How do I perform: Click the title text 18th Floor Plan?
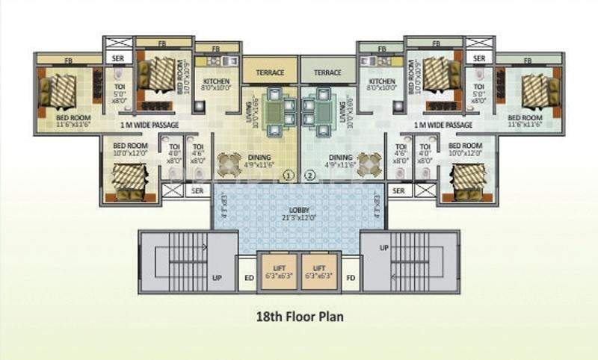pyautogui.click(x=299, y=317)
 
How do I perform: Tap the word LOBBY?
pyautogui.click(x=300, y=211)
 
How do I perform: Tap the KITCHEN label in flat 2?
pyautogui.click(x=381, y=81)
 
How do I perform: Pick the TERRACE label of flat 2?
pyautogui.click(x=327, y=72)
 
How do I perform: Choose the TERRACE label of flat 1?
pyautogui.click(x=270, y=72)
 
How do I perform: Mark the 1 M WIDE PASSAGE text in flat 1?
pyautogui.click(x=149, y=125)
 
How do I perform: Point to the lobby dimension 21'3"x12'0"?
pyautogui.click(x=300, y=219)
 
